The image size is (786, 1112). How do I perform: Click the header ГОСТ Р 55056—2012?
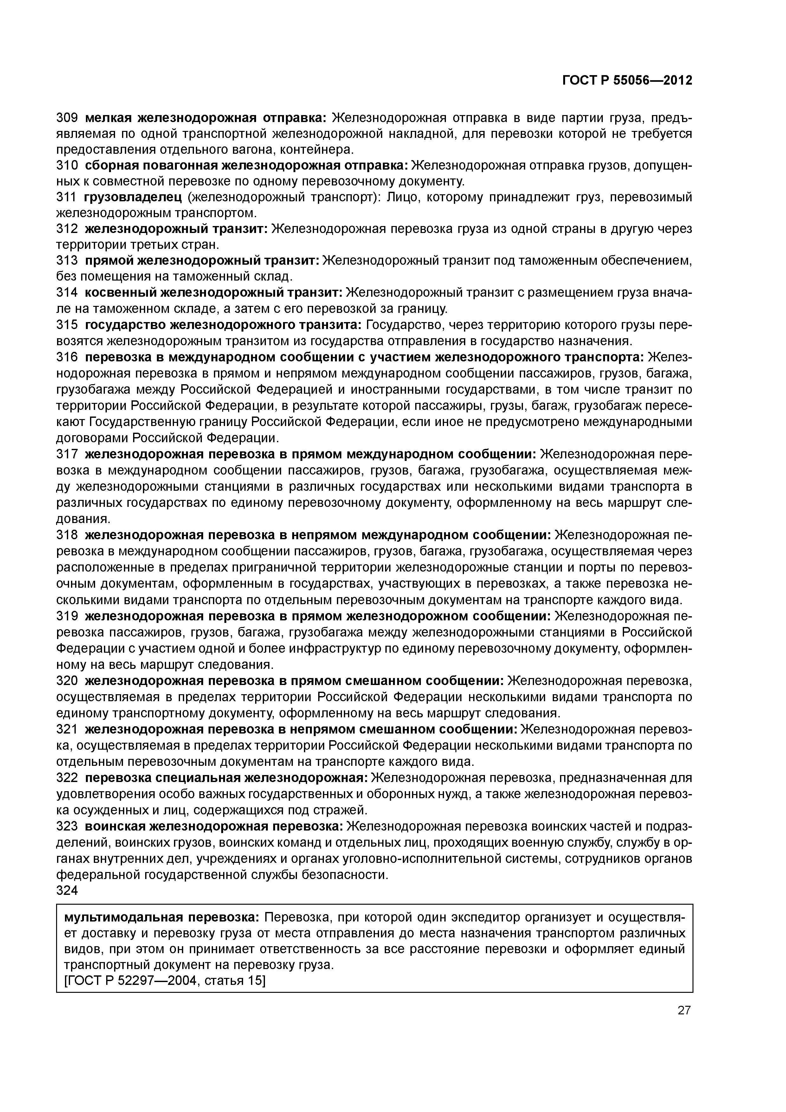[x=627, y=81]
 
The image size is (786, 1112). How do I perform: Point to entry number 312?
[x=67, y=229]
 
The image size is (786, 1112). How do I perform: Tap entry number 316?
[x=67, y=358]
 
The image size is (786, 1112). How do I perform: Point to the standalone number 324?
[x=67, y=890]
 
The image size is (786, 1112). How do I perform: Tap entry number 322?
[x=67, y=778]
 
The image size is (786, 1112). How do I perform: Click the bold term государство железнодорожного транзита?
[x=223, y=325]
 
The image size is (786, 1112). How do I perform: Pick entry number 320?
[x=67, y=681]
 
